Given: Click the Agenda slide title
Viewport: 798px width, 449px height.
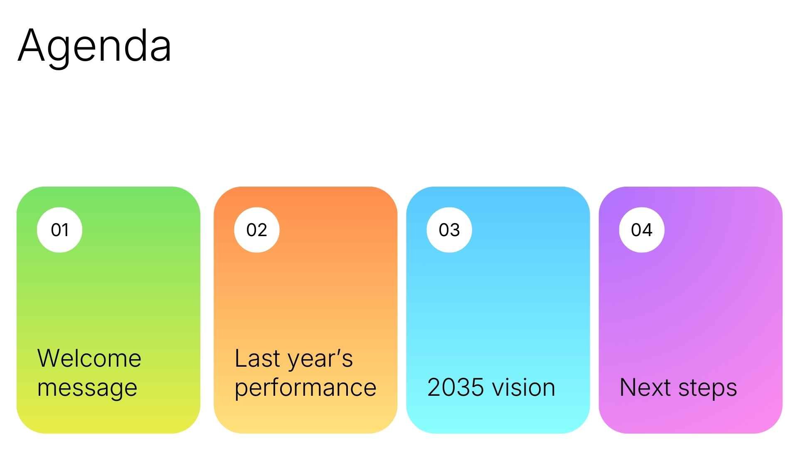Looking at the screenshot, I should pos(94,46).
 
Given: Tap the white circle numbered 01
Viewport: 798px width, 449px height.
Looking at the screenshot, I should pos(59,230).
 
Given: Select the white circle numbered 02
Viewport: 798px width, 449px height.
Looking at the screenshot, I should pos(256,230).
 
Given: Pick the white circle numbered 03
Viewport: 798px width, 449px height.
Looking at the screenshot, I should pos(449,230).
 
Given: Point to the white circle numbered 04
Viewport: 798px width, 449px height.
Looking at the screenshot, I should pos(641,230).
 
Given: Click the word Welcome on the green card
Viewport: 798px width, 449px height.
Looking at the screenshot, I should pos(89,358).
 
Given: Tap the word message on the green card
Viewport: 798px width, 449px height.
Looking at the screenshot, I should pos(87,388).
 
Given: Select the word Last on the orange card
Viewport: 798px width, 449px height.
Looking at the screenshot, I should pos(257,358).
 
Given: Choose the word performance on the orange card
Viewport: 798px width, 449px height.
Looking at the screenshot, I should pos(305,388).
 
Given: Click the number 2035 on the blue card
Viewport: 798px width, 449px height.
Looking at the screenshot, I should pos(454,387).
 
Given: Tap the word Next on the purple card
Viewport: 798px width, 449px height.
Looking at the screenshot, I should pos(645,387).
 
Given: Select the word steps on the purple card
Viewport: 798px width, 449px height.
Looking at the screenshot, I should pos(708,388).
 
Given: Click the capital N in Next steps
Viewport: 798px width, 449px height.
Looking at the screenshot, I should pos(628,387).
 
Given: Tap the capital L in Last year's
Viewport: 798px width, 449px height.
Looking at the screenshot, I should pos(241,358).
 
